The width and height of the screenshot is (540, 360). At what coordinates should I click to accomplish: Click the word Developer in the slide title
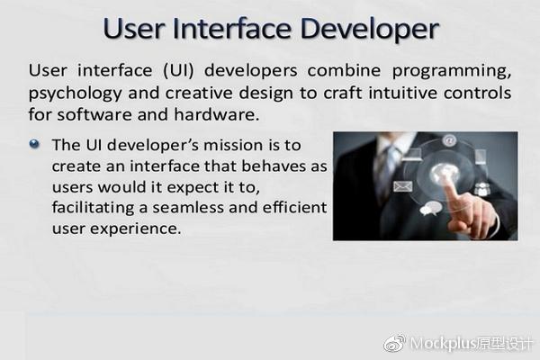click(370, 29)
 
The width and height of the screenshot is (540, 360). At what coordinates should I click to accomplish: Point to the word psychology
click(75, 94)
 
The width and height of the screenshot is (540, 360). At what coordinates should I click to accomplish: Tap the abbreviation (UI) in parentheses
click(178, 71)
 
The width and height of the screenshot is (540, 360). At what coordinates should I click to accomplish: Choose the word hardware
click(216, 114)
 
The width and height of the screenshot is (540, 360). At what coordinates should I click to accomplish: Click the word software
click(94, 114)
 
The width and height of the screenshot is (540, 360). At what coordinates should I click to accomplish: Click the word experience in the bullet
click(135, 229)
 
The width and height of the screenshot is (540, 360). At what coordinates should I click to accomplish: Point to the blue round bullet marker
click(34, 144)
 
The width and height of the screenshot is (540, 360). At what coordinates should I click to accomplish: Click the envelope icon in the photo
click(402, 186)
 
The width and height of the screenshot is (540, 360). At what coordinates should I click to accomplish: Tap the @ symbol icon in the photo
click(449, 140)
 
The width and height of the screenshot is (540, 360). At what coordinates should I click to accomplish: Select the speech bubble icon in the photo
click(430, 208)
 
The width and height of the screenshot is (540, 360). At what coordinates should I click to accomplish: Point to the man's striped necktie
click(388, 172)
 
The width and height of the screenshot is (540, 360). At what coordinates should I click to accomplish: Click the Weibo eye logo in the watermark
click(395, 343)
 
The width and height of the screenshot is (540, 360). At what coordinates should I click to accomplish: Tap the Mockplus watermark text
click(472, 344)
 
